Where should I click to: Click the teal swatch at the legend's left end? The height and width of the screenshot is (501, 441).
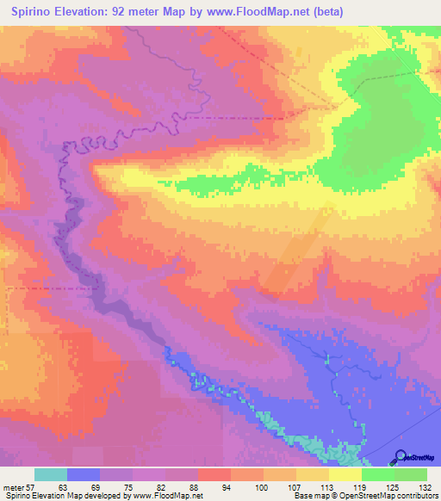[51, 475]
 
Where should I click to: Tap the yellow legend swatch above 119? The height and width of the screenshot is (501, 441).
[345, 475]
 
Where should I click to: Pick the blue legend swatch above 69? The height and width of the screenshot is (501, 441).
[84, 475]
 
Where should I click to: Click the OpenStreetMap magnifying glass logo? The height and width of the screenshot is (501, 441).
[400, 457]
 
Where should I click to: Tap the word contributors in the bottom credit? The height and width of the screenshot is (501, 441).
[417, 496]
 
